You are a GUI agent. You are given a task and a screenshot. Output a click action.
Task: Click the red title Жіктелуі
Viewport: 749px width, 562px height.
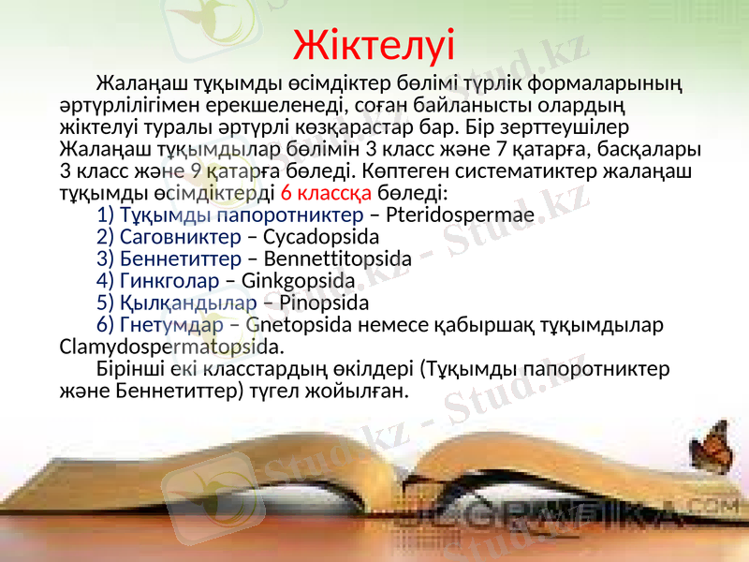[374, 43]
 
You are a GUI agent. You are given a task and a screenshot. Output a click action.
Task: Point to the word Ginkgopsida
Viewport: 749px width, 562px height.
[298, 280]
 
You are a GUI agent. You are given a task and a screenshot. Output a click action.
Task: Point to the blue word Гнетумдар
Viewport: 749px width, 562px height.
[171, 325]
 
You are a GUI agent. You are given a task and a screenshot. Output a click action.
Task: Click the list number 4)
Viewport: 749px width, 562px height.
[106, 280]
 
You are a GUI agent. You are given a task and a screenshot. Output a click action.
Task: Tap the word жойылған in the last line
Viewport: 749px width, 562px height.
[361, 391]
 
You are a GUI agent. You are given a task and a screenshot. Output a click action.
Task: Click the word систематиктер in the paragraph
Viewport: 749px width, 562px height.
[562, 170]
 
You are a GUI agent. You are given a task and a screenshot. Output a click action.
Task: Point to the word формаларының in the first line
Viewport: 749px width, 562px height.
[618, 81]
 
